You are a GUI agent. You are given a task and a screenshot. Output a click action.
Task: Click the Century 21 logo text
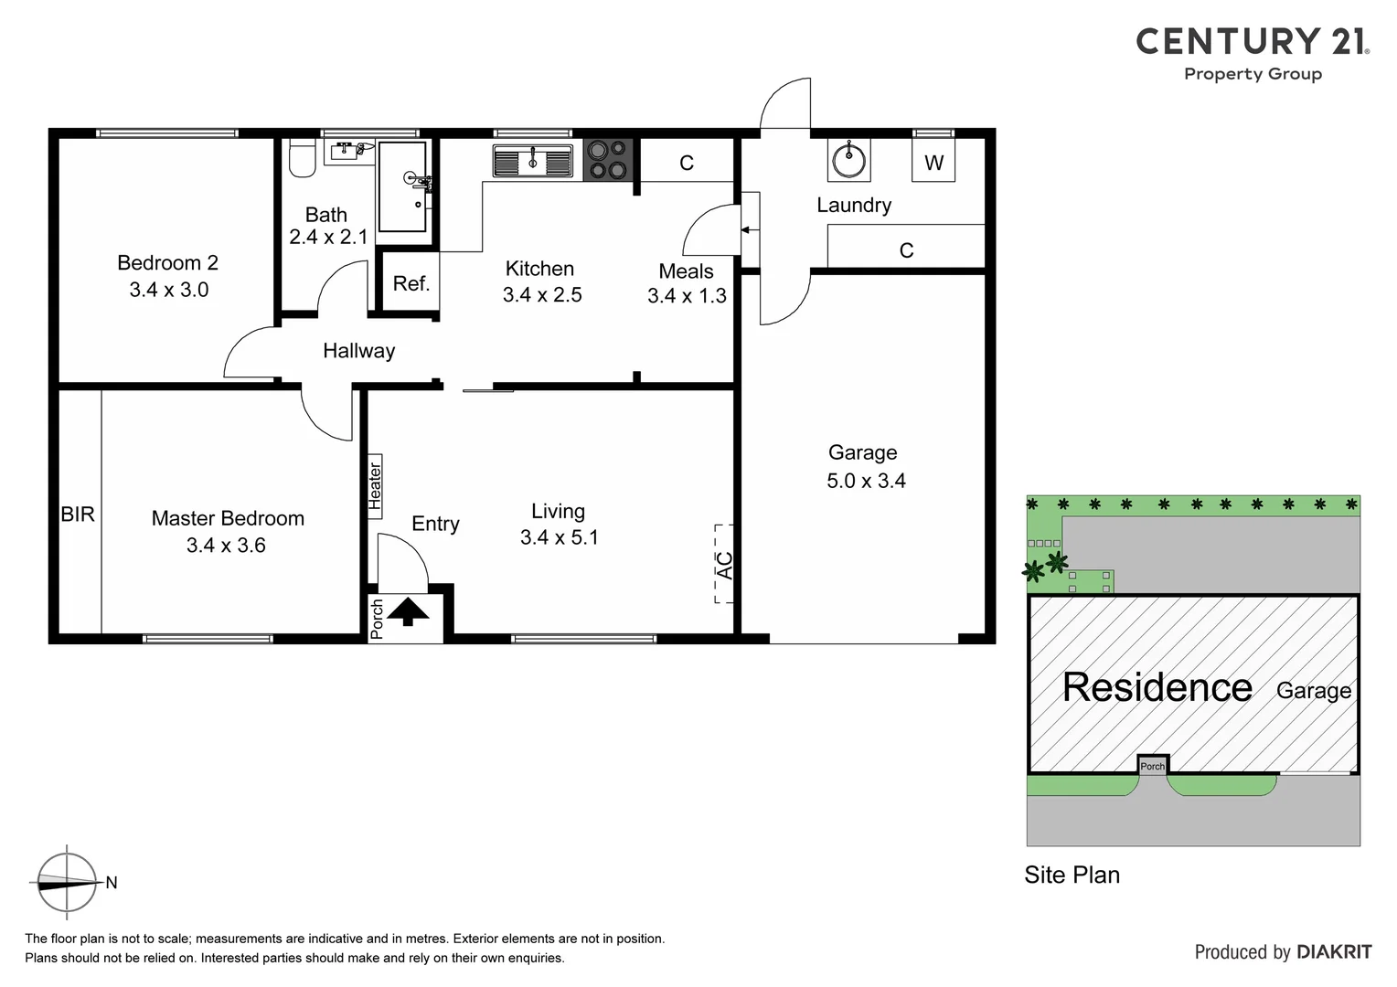[x=1252, y=42]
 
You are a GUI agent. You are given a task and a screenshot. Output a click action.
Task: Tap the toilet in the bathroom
[x=302, y=158]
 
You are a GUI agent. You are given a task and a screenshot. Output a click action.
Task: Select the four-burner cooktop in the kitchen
[x=608, y=159]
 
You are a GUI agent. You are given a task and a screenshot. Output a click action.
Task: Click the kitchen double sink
[x=532, y=161]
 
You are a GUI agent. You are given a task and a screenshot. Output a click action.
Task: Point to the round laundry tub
[x=848, y=161]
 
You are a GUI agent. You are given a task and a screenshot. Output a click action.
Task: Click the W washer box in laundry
[x=933, y=163]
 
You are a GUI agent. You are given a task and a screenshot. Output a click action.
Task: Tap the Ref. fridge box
[x=411, y=283]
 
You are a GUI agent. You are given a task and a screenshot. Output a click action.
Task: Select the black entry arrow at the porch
[x=408, y=610]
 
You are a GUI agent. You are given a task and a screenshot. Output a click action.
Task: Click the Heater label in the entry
[x=375, y=486]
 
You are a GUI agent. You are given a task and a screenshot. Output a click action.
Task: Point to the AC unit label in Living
[x=724, y=565]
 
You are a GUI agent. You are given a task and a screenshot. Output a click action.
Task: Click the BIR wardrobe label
[x=78, y=515]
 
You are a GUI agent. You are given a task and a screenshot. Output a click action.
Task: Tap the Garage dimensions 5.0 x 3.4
[x=866, y=481]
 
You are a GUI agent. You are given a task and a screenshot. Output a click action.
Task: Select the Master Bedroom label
[x=228, y=518]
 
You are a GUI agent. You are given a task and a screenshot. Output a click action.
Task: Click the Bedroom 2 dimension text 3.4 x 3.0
[x=168, y=290]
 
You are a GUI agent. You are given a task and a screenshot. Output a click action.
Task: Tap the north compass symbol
[x=66, y=882]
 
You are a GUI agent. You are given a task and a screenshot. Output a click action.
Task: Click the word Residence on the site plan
[x=1157, y=687]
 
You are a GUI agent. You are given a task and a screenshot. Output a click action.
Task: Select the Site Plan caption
[x=1072, y=875]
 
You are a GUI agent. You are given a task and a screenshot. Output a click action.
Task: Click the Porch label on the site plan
[x=1153, y=766]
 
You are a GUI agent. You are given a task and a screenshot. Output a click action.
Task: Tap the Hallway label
[x=358, y=351]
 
